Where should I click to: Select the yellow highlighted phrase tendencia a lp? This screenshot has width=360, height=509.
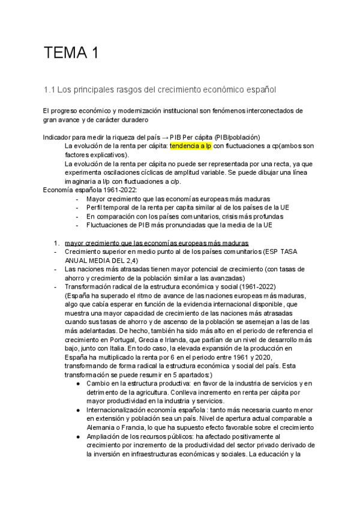[191, 146]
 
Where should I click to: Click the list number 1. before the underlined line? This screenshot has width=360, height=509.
[57, 243]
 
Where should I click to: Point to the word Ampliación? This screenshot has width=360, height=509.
[105, 436]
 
